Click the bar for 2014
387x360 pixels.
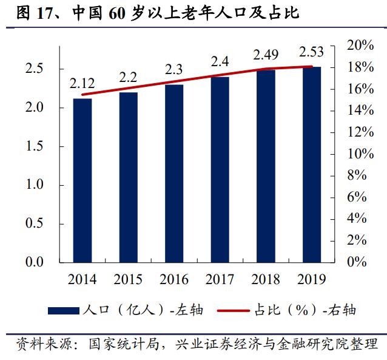pyautogui.click(x=82, y=180)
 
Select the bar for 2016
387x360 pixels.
pyautogui.click(x=174, y=173)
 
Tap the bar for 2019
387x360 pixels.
pyautogui.click(x=311, y=165)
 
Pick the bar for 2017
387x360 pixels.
pyautogui.click(x=220, y=169)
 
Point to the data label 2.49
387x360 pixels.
pyautogui.click(x=266, y=55)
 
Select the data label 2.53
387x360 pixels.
pyautogui.click(x=312, y=51)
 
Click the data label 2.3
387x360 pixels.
pyautogui.click(x=174, y=69)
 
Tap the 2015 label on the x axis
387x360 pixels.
pyautogui.click(x=128, y=280)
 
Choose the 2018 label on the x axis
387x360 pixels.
pyautogui.click(x=266, y=280)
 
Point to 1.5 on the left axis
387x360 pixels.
pyautogui.click(x=33, y=147)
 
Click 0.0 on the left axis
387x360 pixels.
pyautogui.click(x=33, y=263)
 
